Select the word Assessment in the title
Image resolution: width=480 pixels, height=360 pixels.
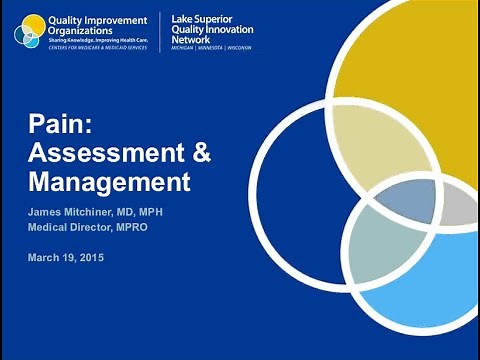coord(96,155)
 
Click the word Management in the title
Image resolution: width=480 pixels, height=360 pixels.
coord(108,183)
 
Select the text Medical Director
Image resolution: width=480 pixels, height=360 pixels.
coord(76,227)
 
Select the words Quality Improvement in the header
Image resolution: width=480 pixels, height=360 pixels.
coord(96,19)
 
